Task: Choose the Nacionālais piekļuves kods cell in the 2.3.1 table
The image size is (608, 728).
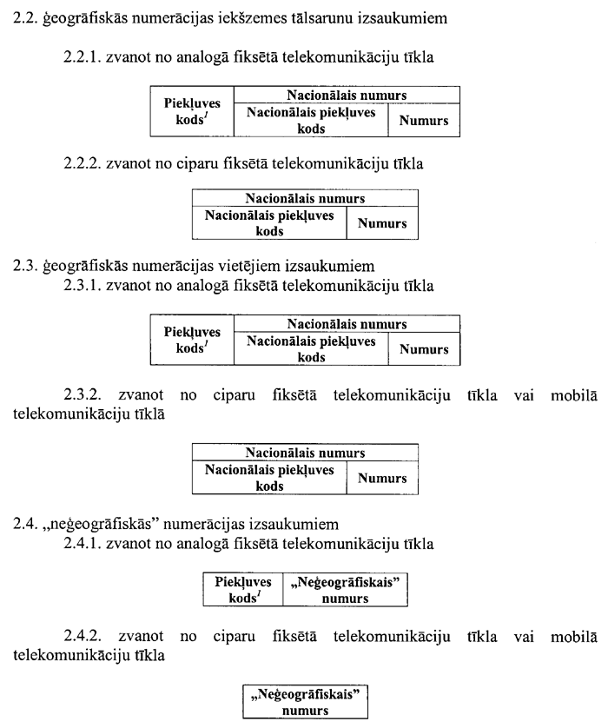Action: (311, 349)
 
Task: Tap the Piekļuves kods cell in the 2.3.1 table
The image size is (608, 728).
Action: (193, 341)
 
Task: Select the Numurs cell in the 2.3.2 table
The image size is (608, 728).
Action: (382, 478)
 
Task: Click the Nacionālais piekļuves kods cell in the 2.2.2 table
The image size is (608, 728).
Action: (269, 223)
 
